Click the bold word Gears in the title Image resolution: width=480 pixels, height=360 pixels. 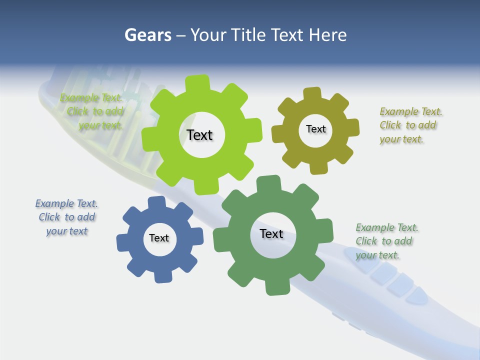tap(147, 35)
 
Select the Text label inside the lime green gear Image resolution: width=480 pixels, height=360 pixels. tap(199, 135)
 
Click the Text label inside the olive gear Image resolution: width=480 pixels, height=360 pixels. tap(315, 129)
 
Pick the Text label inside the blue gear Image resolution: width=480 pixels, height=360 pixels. tap(159, 238)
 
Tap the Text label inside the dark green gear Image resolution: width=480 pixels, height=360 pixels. tap(271, 233)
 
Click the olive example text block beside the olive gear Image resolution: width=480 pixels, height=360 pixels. tap(410, 125)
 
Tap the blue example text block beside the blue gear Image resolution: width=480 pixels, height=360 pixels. tap(67, 217)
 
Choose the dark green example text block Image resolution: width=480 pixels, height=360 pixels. tap(386, 241)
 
